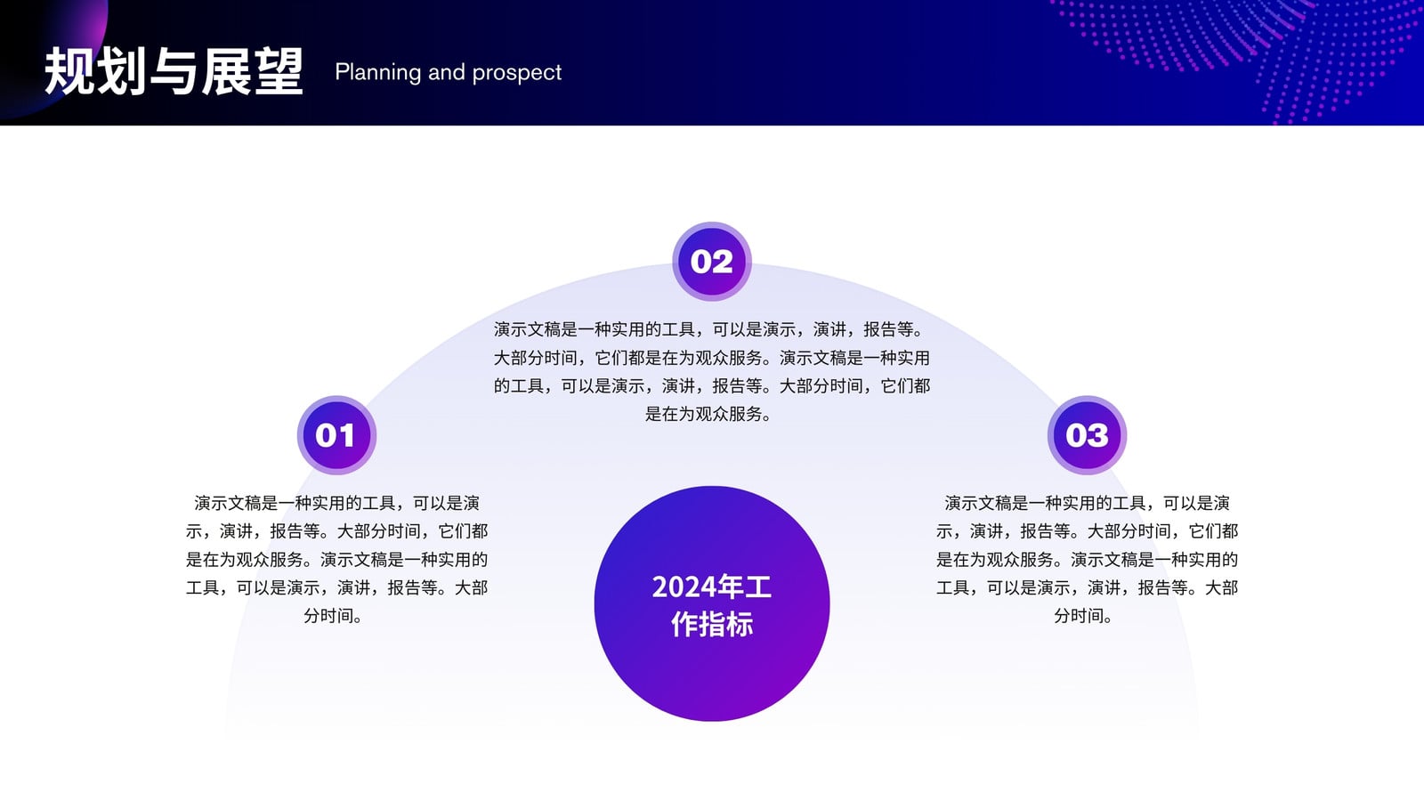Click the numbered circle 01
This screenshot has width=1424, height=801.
tap(337, 435)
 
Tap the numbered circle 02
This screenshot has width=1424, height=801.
tap(712, 262)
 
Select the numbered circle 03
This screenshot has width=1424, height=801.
tap(1087, 435)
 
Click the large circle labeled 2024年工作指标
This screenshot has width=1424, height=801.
tap(712, 604)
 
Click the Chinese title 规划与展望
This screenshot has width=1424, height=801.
tap(174, 71)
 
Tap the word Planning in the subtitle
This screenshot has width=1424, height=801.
tap(377, 72)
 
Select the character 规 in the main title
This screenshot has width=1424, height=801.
tap(69, 71)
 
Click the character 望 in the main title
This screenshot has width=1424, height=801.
tap(279, 71)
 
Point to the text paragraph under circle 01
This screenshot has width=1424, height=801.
tap(337, 560)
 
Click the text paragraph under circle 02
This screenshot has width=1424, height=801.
tap(712, 372)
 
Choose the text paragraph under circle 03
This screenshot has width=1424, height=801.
tap(1087, 560)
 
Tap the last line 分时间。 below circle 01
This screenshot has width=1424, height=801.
tap(333, 616)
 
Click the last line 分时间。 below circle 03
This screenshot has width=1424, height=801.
tap(1083, 616)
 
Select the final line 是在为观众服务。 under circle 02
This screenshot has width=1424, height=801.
tap(708, 415)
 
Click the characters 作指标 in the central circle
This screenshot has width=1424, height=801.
tap(712, 624)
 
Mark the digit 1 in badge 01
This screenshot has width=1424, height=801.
tap(346, 435)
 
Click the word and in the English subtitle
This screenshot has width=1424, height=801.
tap(446, 72)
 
